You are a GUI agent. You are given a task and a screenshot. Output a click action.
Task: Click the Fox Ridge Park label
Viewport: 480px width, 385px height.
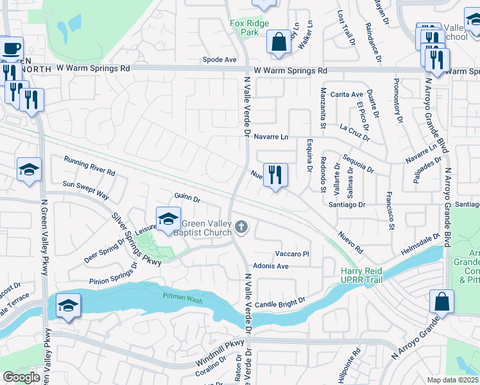click(250, 27)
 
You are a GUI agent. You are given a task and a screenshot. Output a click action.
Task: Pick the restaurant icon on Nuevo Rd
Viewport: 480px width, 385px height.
click(275, 174)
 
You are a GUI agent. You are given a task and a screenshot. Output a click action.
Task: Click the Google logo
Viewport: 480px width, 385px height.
click(21, 377)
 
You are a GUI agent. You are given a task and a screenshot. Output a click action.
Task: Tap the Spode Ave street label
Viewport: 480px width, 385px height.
click(219, 60)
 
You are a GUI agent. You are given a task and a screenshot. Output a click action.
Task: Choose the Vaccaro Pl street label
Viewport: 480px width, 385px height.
click(292, 254)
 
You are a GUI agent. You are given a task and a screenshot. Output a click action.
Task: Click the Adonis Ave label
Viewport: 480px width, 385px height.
click(271, 266)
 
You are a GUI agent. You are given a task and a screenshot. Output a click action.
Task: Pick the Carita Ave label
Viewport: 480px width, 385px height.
click(347, 94)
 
